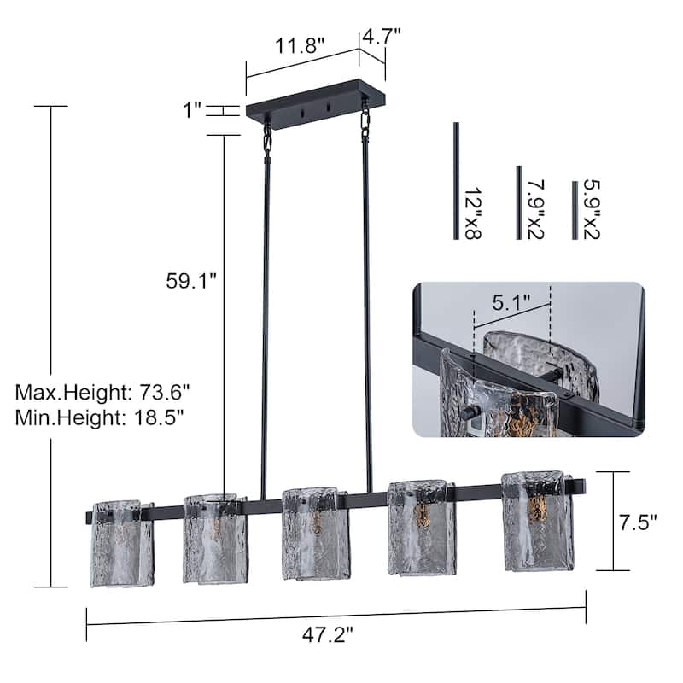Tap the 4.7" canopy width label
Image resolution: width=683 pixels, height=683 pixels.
click(x=382, y=36)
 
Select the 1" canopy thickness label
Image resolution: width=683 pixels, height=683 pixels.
click(x=191, y=109)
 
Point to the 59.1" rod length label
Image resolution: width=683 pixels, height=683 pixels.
click(x=192, y=281)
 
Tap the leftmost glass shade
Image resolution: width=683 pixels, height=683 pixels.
click(x=122, y=544)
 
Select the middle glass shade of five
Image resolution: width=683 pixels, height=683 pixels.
click(x=315, y=534)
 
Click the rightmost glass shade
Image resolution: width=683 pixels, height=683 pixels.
click(x=537, y=520)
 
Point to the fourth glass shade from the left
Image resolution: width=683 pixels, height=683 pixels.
click(x=420, y=527)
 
